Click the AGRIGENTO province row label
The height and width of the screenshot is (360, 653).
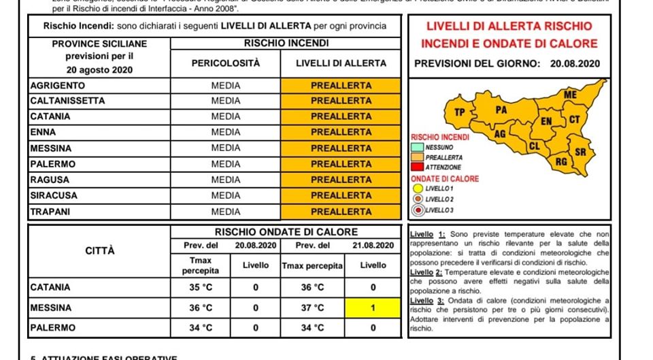[x=58, y=86]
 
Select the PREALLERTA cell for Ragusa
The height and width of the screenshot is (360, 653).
[x=341, y=180]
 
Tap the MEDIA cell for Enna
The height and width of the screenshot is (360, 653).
[x=225, y=132]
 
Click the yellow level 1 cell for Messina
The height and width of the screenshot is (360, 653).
[x=373, y=308]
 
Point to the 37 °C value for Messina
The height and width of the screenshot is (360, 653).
[x=312, y=308]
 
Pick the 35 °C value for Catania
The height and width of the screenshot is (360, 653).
[x=200, y=287]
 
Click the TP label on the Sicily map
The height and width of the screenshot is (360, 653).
[x=460, y=112]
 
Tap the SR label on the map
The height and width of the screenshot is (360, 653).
[x=580, y=152]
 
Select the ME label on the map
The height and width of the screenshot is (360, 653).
[x=570, y=95]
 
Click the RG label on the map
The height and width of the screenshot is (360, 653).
[x=561, y=162]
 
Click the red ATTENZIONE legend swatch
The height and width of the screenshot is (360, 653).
[x=417, y=167]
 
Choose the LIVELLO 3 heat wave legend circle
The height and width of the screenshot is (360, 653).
[x=417, y=210]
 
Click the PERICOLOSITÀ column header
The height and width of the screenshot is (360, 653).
[x=225, y=63]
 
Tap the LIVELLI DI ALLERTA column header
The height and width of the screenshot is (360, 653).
[x=341, y=63]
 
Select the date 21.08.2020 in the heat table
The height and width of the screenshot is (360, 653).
[x=373, y=245]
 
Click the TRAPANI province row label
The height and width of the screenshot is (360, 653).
[x=50, y=212]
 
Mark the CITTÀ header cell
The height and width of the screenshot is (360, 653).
[x=99, y=251]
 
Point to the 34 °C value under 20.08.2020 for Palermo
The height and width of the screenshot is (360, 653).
[x=200, y=328]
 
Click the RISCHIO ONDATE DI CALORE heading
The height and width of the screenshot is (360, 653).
[x=286, y=232]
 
